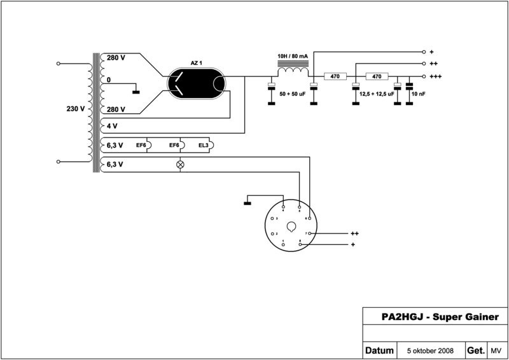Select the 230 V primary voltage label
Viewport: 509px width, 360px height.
[x=75, y=109]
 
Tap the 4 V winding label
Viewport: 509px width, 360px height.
[x=112, y=126]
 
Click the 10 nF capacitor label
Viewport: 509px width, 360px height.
[x=419, y=93]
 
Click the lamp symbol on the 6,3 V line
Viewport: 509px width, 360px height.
[x=180, y=164]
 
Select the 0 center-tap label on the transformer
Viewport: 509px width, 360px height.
[x=109, y=81]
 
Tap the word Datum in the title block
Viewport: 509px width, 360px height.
[x=379, y=350]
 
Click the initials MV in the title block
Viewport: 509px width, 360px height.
[x=496, y=350]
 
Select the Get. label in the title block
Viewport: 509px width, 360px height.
[x=476, y=350]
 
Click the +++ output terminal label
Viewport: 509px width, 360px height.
[x=436, y=76]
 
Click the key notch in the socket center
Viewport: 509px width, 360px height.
[x=291, y=226]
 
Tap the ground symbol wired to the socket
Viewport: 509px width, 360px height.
[x=248, y=203]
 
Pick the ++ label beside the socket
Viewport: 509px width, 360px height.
[x=355, y=233]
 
